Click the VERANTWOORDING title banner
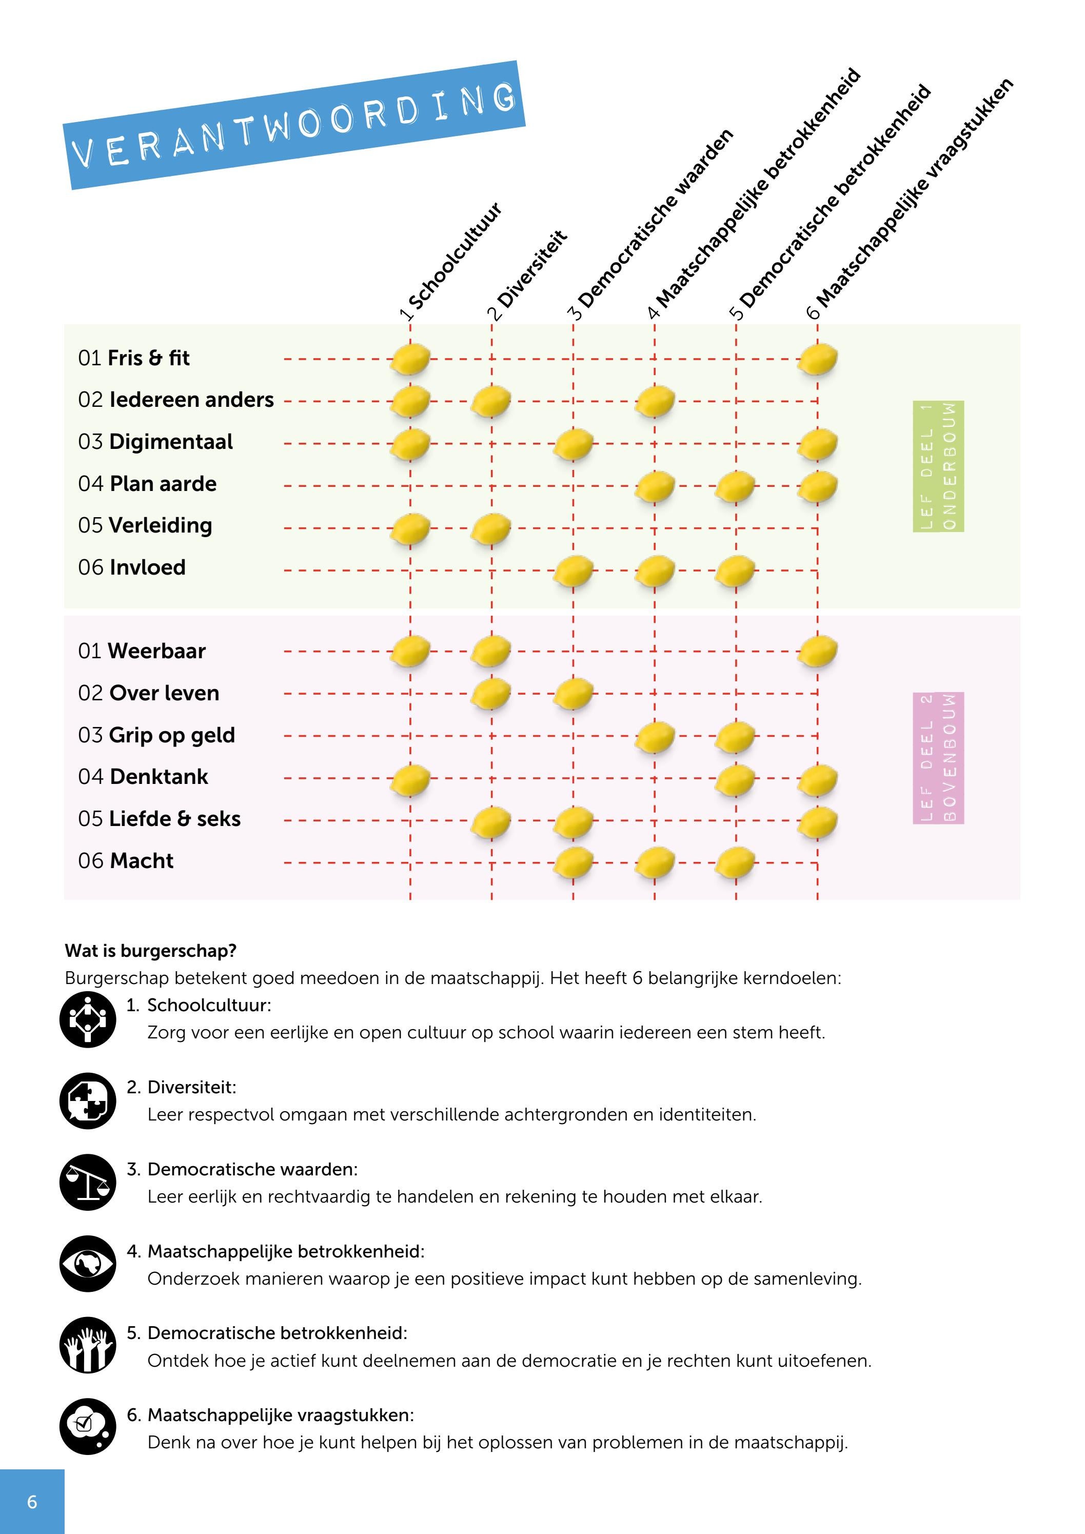click(294, 126)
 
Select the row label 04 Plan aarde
click(147, 484)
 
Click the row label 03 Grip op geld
click(156, 735)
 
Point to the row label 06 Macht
click(126, 860)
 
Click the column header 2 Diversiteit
click(527, 276)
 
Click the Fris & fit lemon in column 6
click(818, 360)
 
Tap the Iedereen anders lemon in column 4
click(655, 402)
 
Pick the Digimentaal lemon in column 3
click(573, 444)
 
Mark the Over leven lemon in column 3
click(573, 694)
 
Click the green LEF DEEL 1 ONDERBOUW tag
click(938, 466)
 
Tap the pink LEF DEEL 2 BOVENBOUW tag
click(938, 758)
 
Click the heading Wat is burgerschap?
click(151, 951)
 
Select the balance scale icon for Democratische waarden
click(88, 1182)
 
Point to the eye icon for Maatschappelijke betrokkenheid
click(88, 1264)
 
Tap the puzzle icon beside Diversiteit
click(88, 1100)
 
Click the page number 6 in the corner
click(32, 1502)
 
